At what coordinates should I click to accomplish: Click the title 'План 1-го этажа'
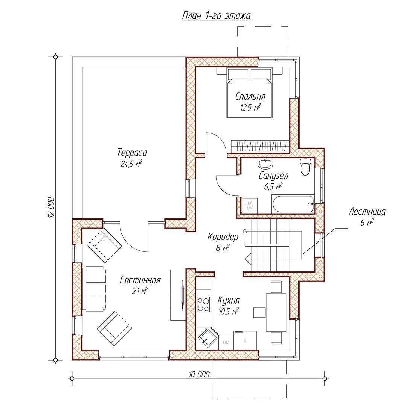click(x=216, y=15)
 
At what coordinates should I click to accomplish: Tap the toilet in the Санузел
click(x=306, y=167)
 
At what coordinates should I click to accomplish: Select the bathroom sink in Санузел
click(x=265, y=163)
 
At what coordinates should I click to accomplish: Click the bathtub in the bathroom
click(x=293, y=204)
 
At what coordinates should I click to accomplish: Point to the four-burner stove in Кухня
click(x=203, y=304)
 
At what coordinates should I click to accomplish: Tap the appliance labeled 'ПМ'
click(x=226, y=342)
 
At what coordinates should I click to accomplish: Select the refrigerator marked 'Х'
click(x=245, y=341)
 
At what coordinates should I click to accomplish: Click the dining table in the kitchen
click(x=276, y=312)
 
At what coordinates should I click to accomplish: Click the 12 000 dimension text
click(x=51, y=208)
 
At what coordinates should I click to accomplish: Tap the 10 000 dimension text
click(x=199, y=374)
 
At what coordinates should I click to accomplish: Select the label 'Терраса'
click(x=132, y=153)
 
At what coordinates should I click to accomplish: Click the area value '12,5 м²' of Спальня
click(x=250, y=107)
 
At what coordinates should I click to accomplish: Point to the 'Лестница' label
click(x=367, y=212)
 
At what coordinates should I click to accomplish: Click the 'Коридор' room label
click(x=223, y=237)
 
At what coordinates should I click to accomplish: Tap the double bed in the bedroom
click(x=250, y=93)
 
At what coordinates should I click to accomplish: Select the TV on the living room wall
click(x=182, y=295)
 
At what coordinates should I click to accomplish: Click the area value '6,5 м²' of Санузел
click(x=273, y=186)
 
